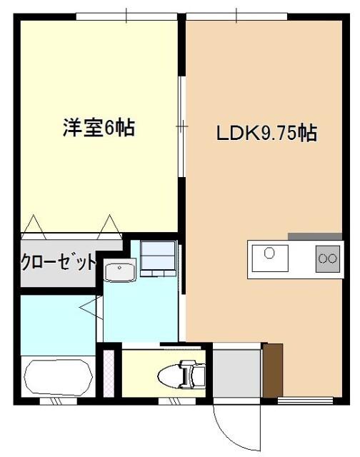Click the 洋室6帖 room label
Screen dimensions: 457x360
click(x=99, y=131)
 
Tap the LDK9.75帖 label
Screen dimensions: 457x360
click(x=267, y=133)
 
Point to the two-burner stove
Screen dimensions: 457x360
click(x=328, y=258)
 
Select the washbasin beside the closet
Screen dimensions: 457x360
click(x=121, y=272)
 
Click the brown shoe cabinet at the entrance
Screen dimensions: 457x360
click(x=273, y=370)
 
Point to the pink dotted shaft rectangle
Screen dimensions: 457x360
click(x=109, y=373)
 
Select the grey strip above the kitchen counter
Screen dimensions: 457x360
click(x=315, y=236)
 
